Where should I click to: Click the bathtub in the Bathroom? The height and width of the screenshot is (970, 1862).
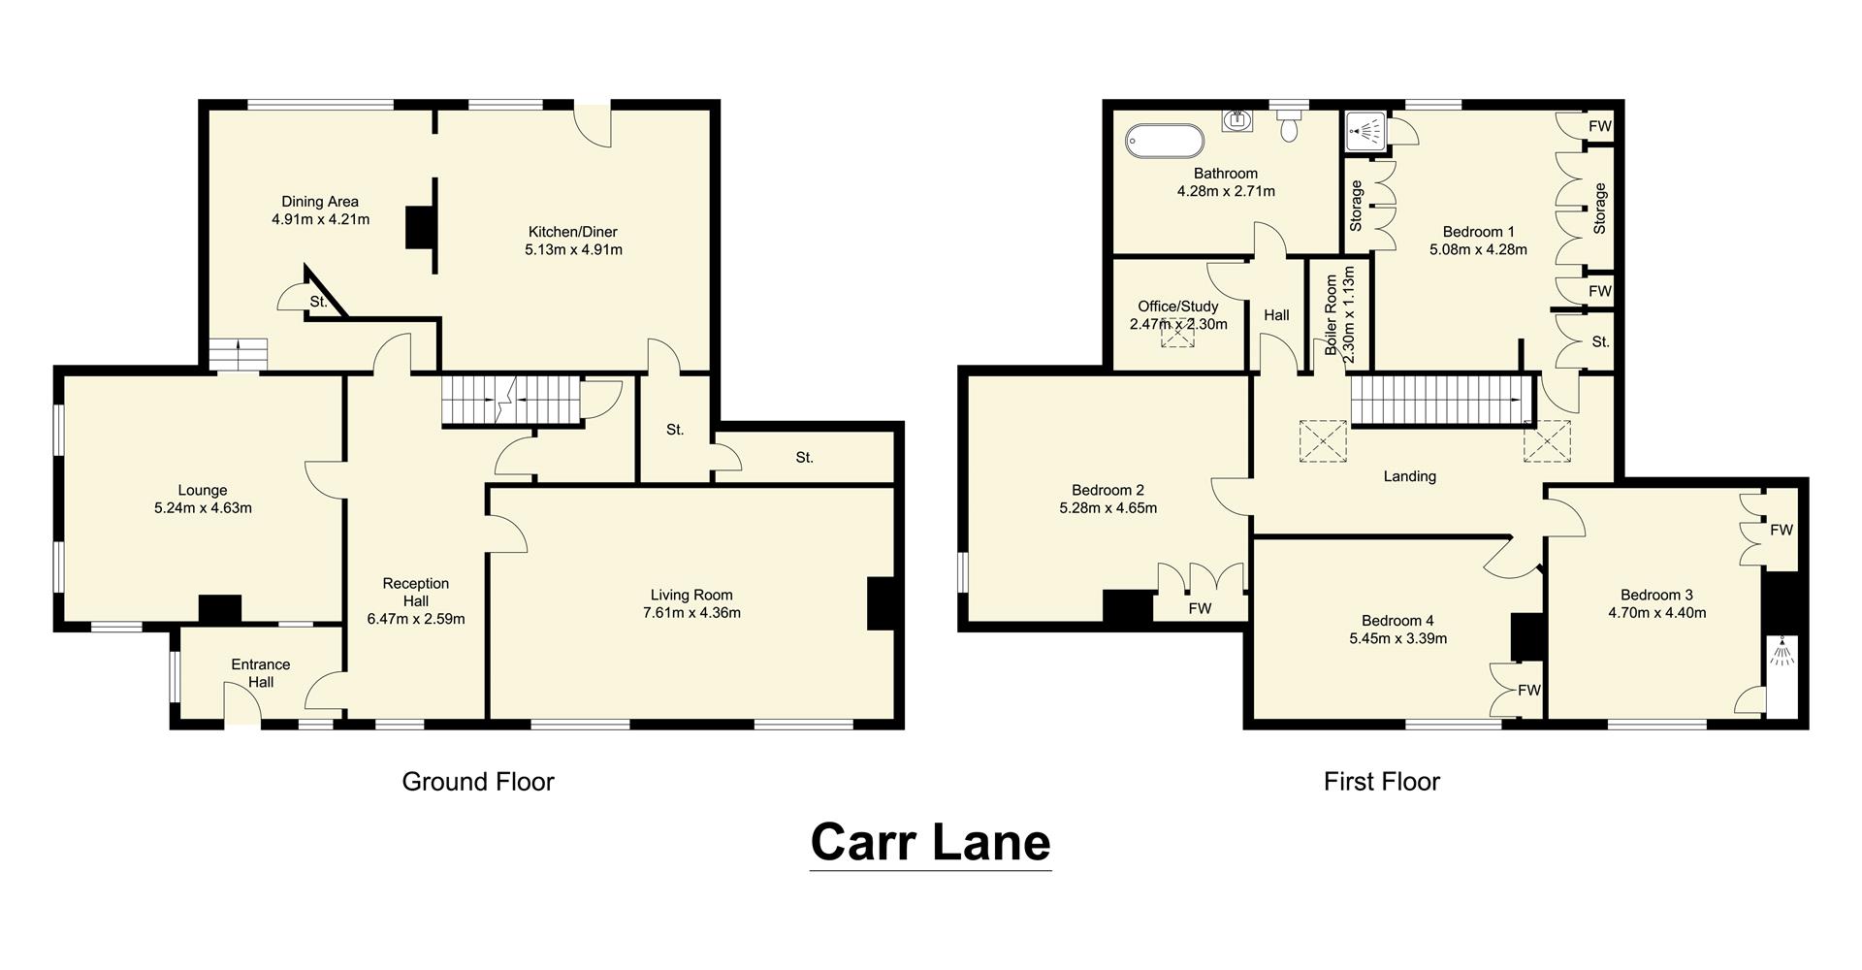(1164, 141)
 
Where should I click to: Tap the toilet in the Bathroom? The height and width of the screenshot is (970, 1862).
(1289, 126)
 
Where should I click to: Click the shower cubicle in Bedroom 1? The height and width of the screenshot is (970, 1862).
(1366, 132)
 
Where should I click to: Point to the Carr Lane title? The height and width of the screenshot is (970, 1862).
(930, 842)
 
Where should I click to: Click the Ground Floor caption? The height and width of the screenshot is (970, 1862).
(478, 782)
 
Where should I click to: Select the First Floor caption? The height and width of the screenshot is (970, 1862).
(1381, 782)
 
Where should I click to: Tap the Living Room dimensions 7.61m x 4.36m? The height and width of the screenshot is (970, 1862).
(691, 613)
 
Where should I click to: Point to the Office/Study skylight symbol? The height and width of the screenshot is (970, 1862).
(1178, 332)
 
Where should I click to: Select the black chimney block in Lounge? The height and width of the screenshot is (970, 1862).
(219, 609)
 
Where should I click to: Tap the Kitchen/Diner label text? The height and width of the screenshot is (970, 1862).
(572, 232)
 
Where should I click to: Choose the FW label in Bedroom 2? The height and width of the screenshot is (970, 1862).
(1200, 609)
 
